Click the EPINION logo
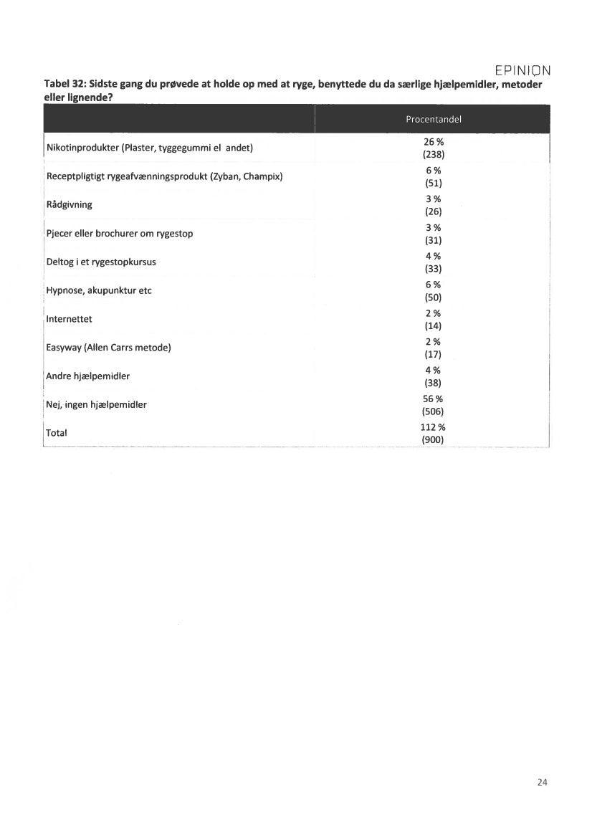click(522, 70)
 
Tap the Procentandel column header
click(433, 119)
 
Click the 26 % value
click(433, 142)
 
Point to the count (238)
click(433, 154)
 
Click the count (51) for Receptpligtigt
click(433, 183)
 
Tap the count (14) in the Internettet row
click(433, 325)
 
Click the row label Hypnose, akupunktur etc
click(99, 290)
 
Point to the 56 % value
click(433, 399)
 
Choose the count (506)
click(433, 411)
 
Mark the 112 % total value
click(433, 427)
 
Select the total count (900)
click(433, 439)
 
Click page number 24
click(542, 782)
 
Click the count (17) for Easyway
click(433, 354)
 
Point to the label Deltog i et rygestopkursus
click(101, 262)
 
